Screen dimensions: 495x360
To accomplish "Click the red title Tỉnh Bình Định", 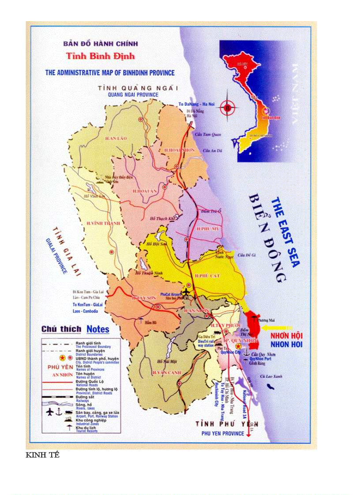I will coord(101,56).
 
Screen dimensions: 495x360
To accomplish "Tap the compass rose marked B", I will coord(228,107).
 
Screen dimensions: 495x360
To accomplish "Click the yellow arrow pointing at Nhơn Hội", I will coord(277,328).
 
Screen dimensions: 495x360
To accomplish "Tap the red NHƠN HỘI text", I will coord(286,336).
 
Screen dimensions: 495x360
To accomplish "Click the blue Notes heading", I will coord(98,329).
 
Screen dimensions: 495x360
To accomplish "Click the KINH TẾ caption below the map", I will coord(42,455).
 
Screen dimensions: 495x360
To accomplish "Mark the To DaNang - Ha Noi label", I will coord(196,104).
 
